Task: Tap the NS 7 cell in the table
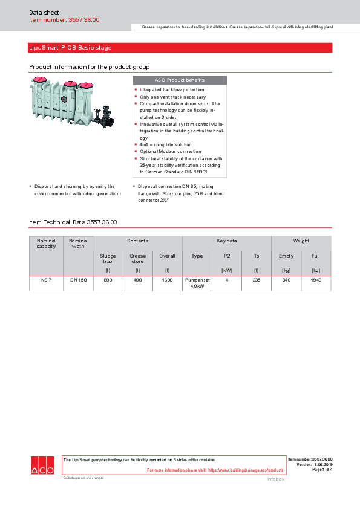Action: click(46, 280)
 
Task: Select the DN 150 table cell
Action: click(78, 280)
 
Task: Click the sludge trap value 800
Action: click(108, 280)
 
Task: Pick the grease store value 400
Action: click(137, 280)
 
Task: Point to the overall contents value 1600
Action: click(167, 280)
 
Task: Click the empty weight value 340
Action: click(286, 280)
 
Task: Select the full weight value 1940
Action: click(316, 280)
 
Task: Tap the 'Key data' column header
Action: click(227, 241)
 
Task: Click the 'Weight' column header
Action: click(301, 241)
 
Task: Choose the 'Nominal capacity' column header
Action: click(46, 243)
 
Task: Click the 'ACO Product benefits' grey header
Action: click(180, 80)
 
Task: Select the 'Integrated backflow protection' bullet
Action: click(172, 89)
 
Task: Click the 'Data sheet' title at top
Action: click(41, 12)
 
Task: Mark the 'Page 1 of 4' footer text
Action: click(322, 470)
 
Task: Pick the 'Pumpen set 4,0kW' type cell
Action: click(197, 283)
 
